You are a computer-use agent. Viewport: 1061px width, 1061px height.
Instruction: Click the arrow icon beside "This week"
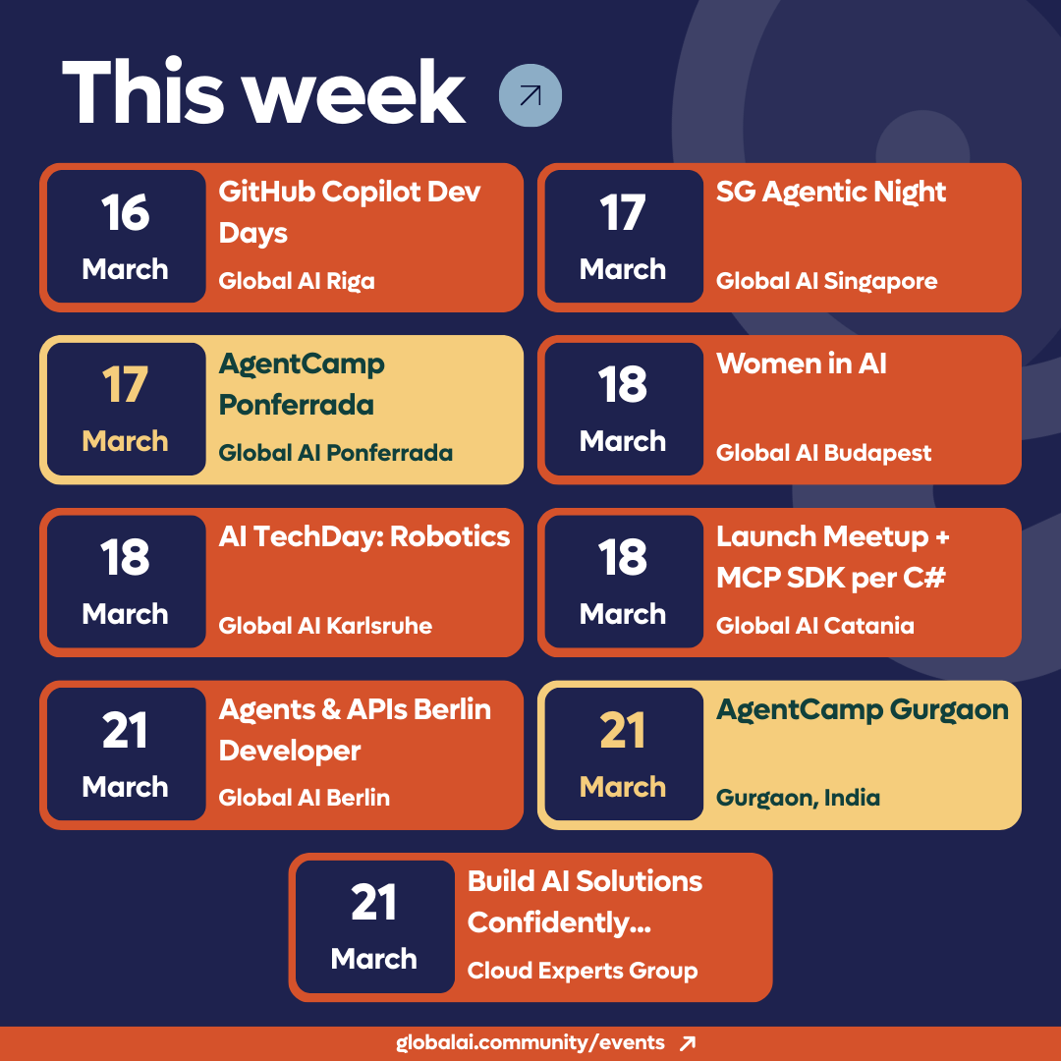click(x=530, y=95)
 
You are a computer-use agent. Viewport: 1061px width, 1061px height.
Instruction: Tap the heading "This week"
click(x=263, y=94)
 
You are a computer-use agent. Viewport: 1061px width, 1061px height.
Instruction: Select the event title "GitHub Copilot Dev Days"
click(x=350, y=211)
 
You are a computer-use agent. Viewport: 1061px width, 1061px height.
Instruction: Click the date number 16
click(x=126, y=213)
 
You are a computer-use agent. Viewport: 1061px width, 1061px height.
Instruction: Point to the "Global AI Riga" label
click(x=297, y=281)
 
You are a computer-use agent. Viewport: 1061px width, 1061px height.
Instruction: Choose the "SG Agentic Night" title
click(x=831, y=192)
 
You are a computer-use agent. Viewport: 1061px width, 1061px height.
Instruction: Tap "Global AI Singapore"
click(x=826, y=281)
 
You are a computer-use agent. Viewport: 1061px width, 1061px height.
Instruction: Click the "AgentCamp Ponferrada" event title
click(x=302, y=384)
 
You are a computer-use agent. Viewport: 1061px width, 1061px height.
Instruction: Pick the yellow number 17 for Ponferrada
click(x=126, y=386)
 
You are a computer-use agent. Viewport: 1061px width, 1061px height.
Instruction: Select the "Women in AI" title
click(x=802, y=363)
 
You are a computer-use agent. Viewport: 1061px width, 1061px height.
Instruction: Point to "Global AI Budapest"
click(x=823, y=453)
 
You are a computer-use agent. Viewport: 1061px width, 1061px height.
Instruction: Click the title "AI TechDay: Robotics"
click(x=364, y=536)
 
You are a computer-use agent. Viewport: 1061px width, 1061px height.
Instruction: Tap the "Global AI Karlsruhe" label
click(x=325, y=626)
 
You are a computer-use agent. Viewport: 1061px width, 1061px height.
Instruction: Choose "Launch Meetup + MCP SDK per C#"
click(x=832, y=557)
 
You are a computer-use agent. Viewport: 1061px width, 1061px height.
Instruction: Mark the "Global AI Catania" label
click(x=815, y=626)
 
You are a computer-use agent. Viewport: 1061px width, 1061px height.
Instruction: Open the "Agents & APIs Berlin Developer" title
click(x=355, y=729)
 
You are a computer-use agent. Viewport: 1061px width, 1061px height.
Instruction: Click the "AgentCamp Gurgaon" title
click(x=863, y=709)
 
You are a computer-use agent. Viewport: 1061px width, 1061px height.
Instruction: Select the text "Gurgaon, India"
click(x=798, y=798)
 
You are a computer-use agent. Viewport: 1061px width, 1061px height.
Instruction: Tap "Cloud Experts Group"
click(x=583, y=971)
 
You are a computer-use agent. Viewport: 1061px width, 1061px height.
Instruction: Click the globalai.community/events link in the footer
click(x=530, y=1042)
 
